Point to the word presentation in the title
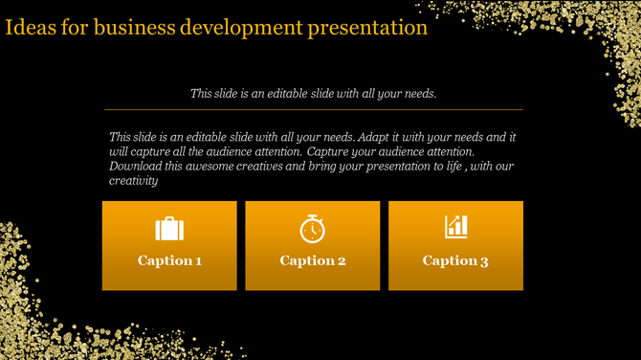(x=367, y=27)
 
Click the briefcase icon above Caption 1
(x=169, y=229)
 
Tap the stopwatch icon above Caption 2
(x=312, y=229)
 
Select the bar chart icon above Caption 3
(x=455, y=227)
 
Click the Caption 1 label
(x=169, y=260)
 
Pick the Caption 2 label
(x=312, y=260)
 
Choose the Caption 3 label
(x=455, y=260)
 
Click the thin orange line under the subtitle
(x=313, y=109)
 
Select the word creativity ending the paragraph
(x=134, y=180)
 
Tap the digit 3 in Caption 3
(x=484, y=260)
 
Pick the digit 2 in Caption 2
(x=341, y=260)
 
